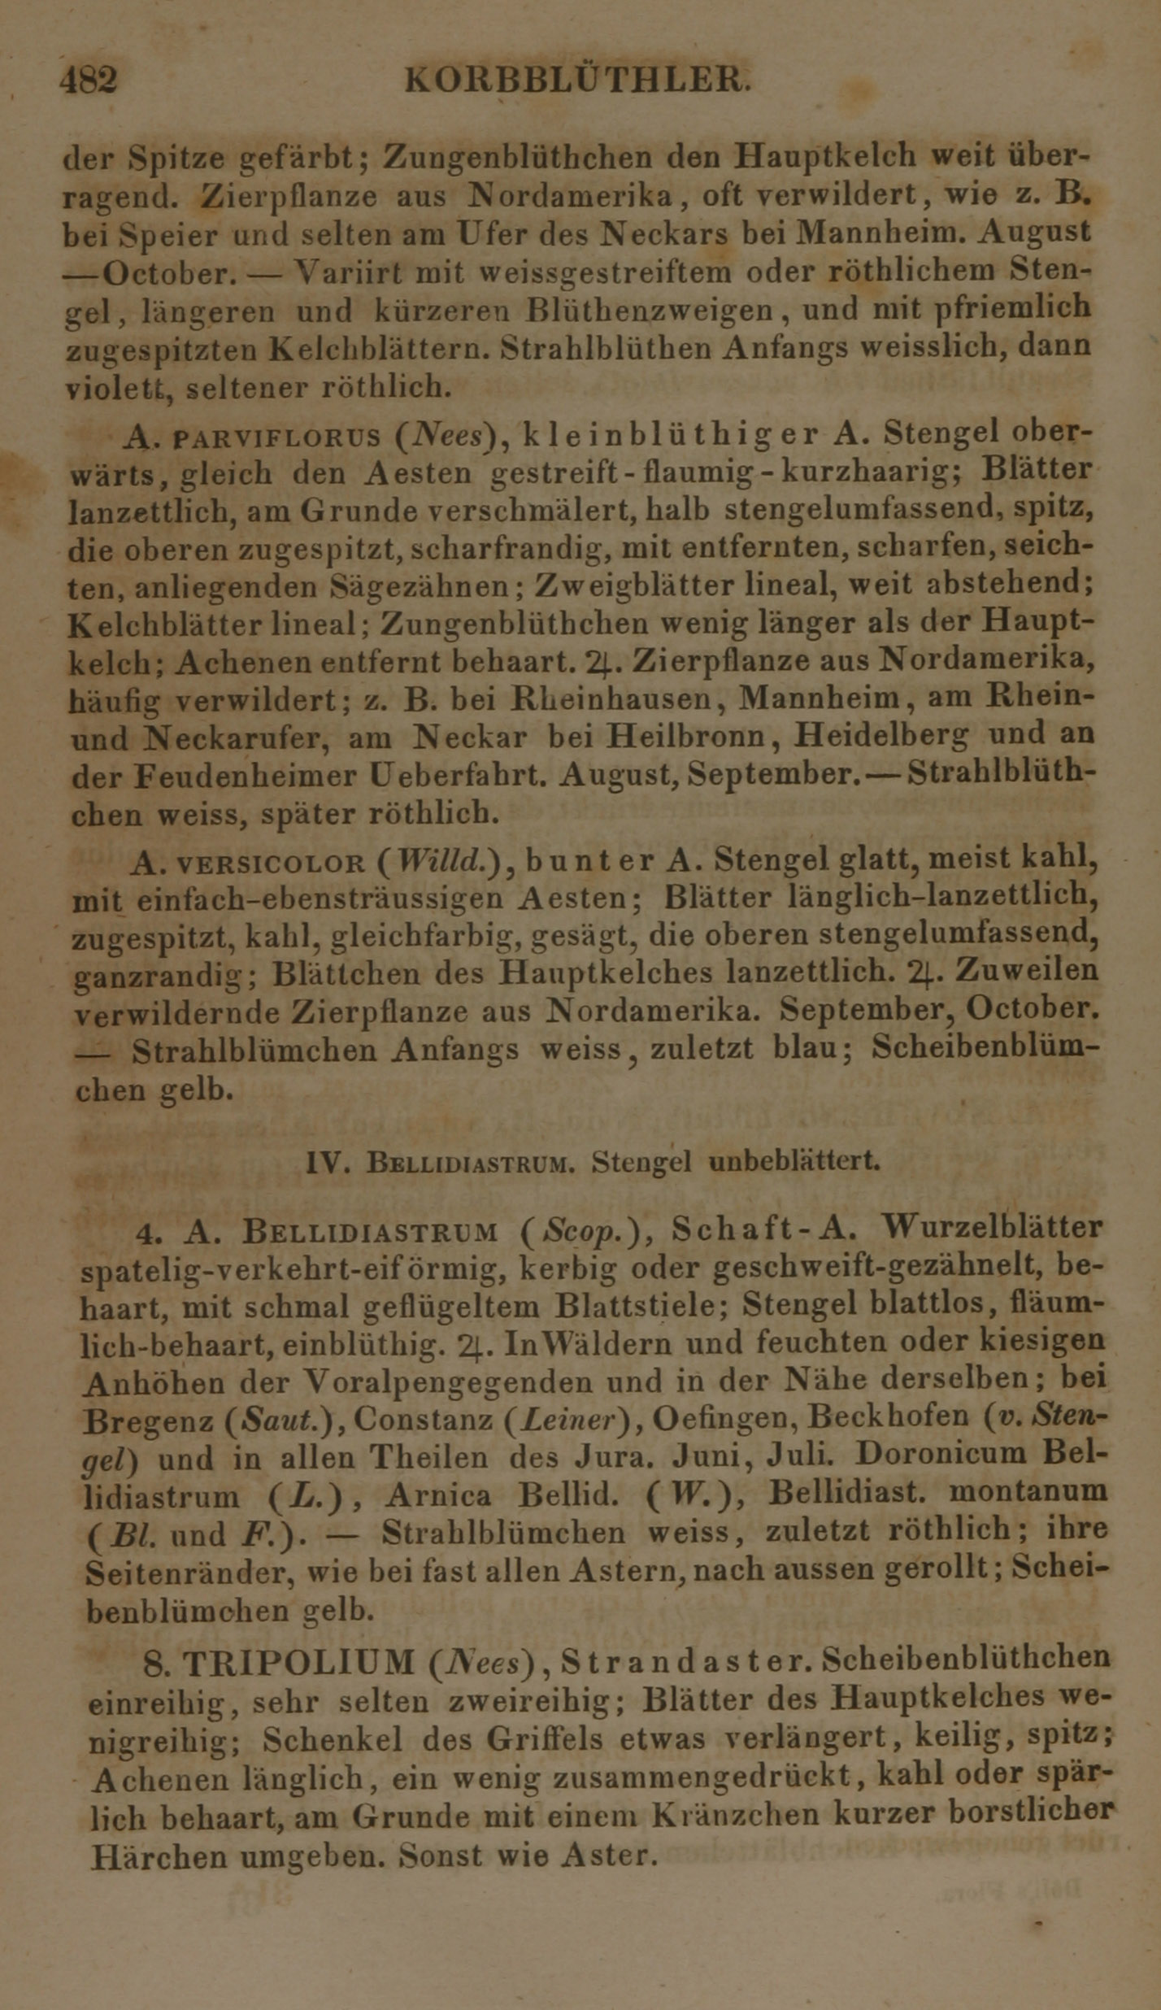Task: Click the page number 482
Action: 89,80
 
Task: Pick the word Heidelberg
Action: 881,735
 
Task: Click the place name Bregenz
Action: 150,1420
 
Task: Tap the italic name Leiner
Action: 562,1419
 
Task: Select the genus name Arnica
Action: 439,1494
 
